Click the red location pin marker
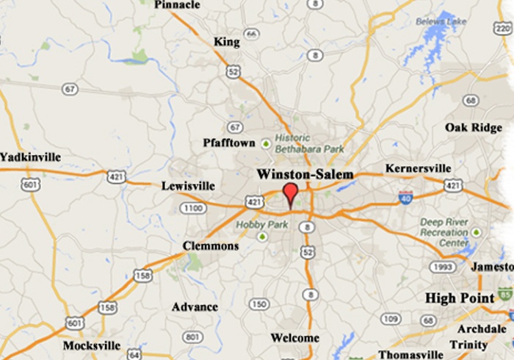tap(291, 194)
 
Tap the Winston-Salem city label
tap(305, 174)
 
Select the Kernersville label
tap(418, 169)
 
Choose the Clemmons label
tap(211, 246)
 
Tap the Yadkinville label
tap(30, 157)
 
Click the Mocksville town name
tap(92, 345)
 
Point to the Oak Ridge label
tap(474, 128)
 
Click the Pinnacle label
tap(177, 5)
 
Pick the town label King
tap(227, 42)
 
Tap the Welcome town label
tap(295, 338)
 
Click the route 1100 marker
tap(192, 209)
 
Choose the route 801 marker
tap(192, 337)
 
